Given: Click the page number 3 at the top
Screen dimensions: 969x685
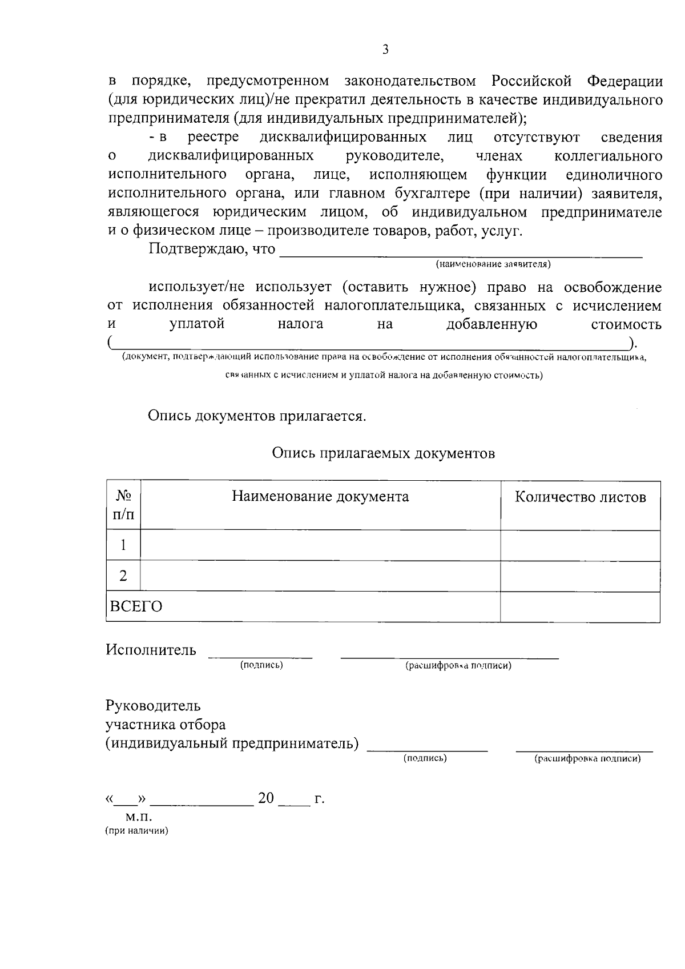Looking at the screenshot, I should (x=385, y=50).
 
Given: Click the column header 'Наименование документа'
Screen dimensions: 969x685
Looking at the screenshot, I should (x=320, y=496).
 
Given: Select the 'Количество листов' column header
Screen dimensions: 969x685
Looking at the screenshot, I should (x=580, y=497).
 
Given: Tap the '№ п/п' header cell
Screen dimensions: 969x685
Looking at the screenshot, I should (x=124, y=505).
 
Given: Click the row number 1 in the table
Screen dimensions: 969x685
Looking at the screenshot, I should (x=123, y=545).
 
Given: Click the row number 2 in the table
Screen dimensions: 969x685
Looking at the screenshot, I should (x=123, y=576).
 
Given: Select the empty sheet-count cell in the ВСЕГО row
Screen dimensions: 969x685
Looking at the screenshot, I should (x=580, y=607).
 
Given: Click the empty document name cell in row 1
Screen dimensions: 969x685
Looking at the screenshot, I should (x=320, y=545).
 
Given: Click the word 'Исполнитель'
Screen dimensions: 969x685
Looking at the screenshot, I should (x=151, y=650).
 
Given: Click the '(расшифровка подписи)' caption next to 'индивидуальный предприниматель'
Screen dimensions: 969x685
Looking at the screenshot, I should (x=587, y=758).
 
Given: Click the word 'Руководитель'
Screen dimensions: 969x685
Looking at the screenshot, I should (x=153, y=706).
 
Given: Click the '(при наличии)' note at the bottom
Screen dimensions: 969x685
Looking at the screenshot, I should (x=136, y=831).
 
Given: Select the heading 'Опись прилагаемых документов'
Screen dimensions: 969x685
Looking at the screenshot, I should (x=383, y=453).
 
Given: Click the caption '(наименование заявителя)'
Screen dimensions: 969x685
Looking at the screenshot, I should (x=493, y=264).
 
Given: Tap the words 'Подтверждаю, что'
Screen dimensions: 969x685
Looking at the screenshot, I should (x=212, y=250).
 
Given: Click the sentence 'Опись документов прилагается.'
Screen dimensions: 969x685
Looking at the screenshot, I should (x=257, y=416).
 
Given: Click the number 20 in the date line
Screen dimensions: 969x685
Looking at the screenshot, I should (x=266, y=798).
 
